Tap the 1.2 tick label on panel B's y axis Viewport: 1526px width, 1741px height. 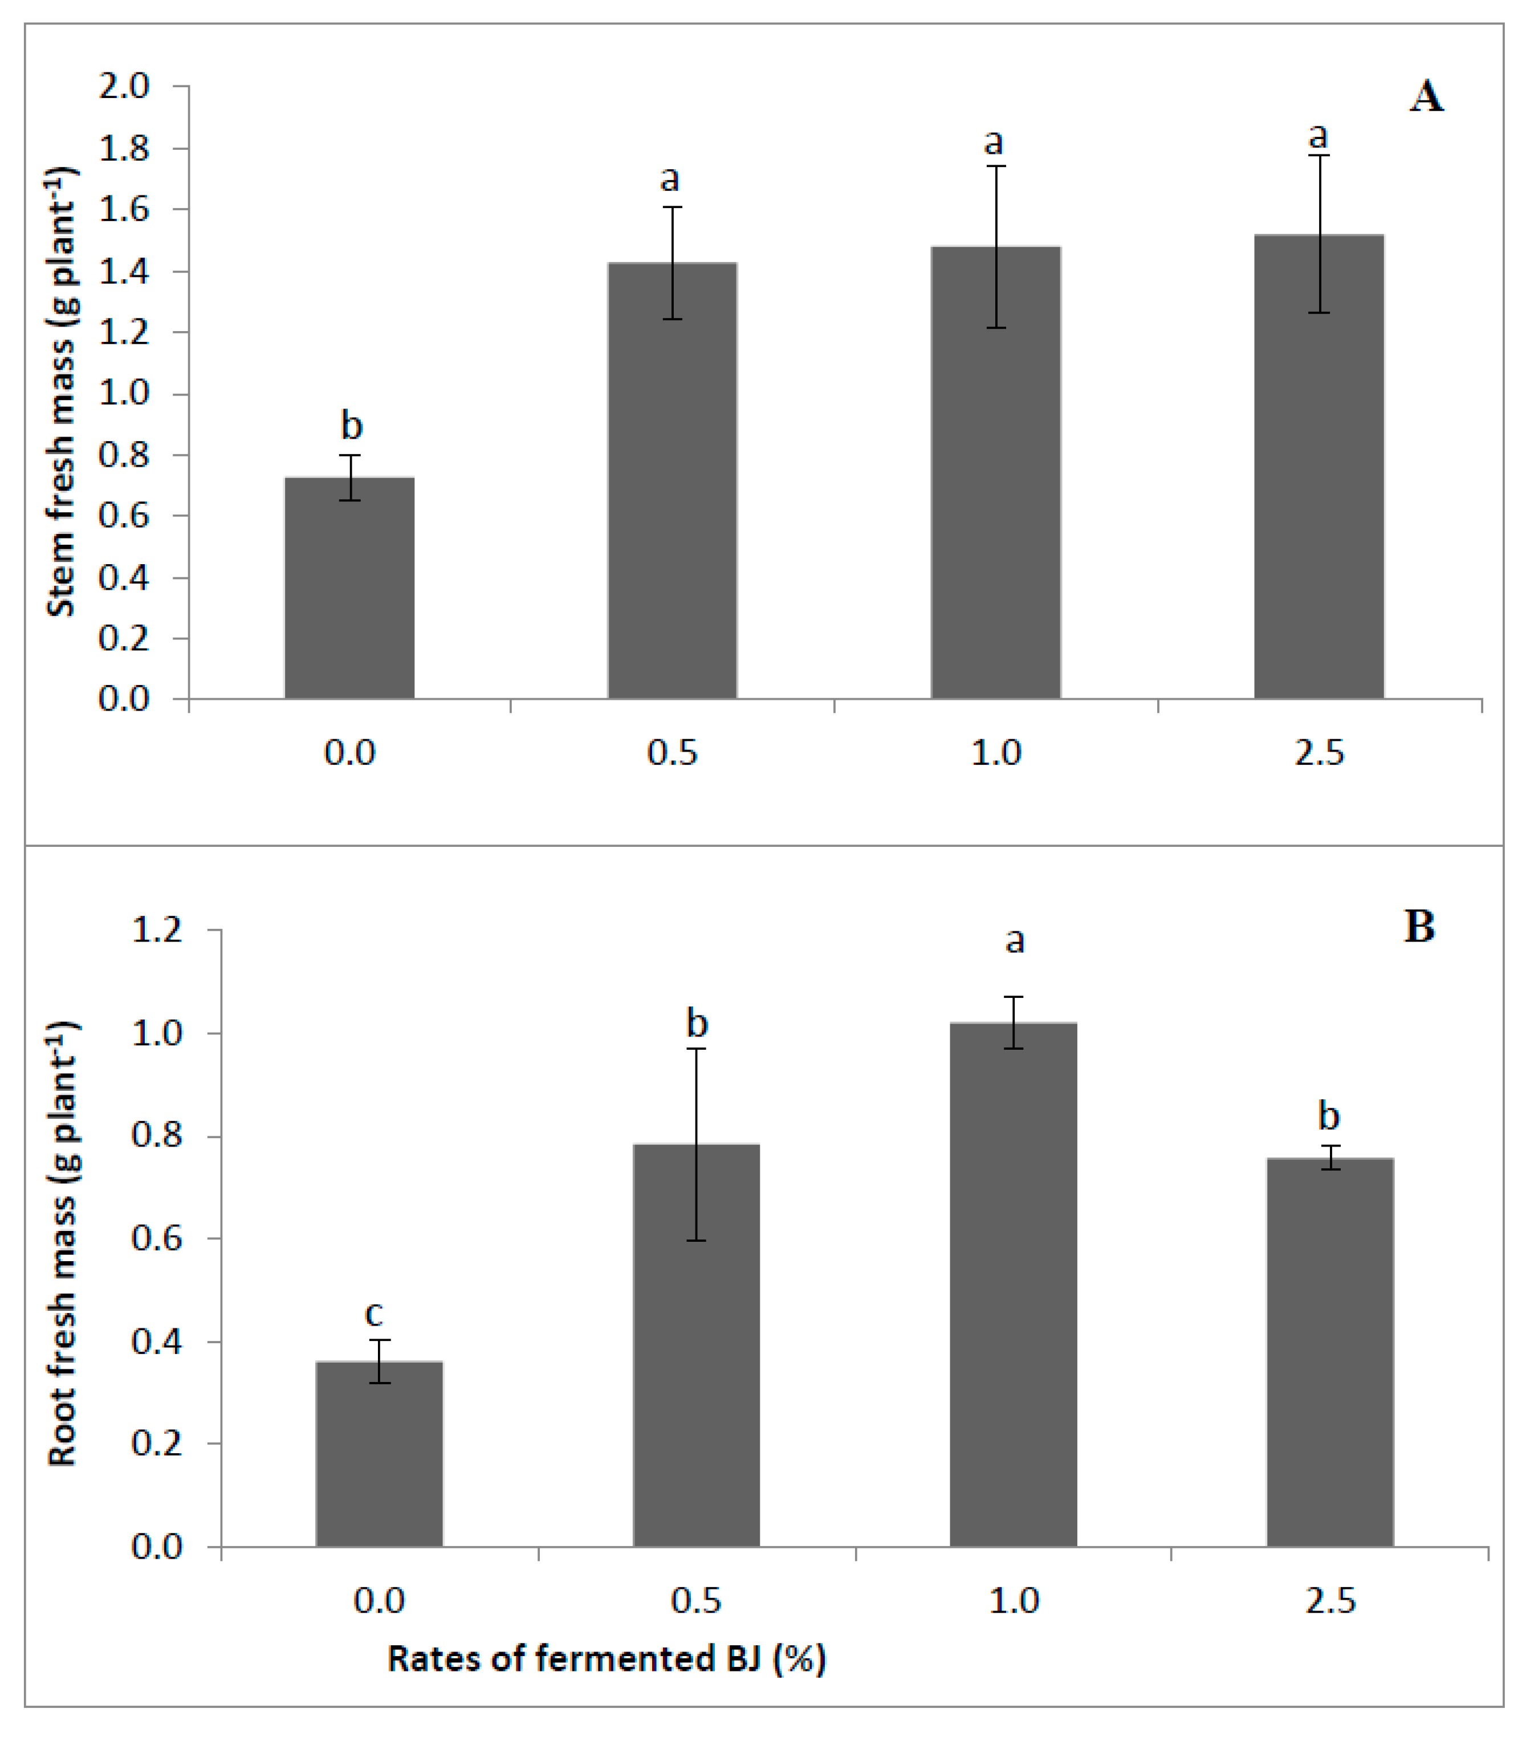pos(157,929)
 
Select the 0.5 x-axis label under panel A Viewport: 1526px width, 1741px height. pos(672,753)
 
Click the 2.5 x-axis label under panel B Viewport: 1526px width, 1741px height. pos(1330,1601)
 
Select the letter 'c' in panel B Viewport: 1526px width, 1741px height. pos(374,1313)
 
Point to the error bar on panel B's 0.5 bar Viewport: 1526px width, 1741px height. pos(697,1143)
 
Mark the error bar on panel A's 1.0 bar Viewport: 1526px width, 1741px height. pos(996,247)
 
